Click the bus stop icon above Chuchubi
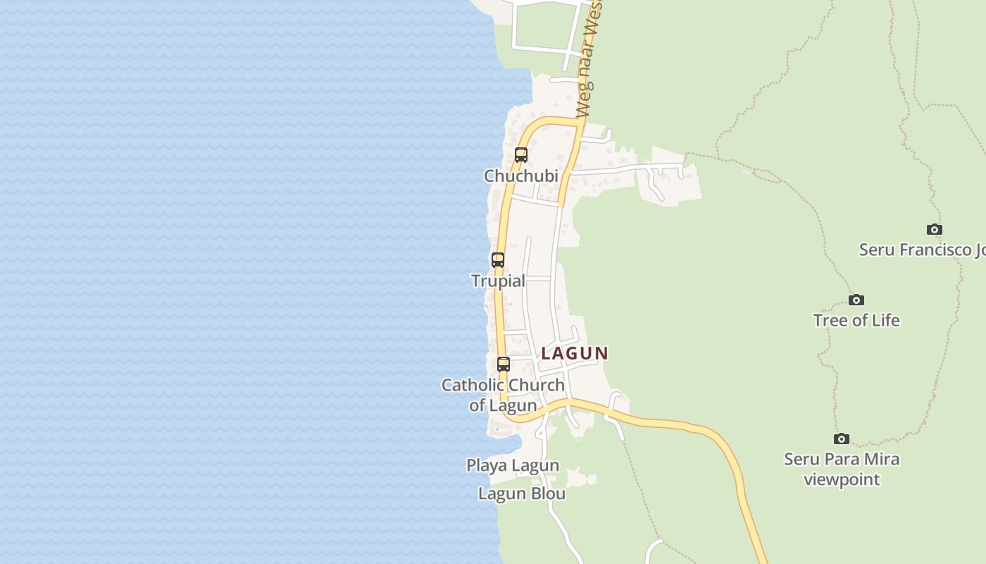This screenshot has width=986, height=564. (x=521, y=155)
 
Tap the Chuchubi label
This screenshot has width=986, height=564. (x=521, y=176)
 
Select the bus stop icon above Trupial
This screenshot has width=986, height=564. (x=498, y=259)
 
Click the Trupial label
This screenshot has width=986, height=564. (x=498, y=281)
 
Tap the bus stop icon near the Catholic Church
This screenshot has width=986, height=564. (x=504, y=364)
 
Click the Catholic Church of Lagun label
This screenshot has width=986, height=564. (x=503, y=395)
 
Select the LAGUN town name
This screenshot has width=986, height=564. (x=575, y=353)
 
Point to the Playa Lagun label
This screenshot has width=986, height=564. (x=513, y=465)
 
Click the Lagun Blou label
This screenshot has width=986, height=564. (x=522, y=493)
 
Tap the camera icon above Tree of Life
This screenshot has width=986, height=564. (x=856, y=300)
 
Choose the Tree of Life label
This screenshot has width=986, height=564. (x=856, y=320)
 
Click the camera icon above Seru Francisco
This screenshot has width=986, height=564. (x=935, y=230)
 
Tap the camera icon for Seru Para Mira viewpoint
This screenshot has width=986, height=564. (x=842, y=439)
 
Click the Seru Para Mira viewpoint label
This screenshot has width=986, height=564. (x=842, y=469)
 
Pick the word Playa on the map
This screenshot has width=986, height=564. (x=486, y=465)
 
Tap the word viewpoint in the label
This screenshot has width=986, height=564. (x=842, y=479)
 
